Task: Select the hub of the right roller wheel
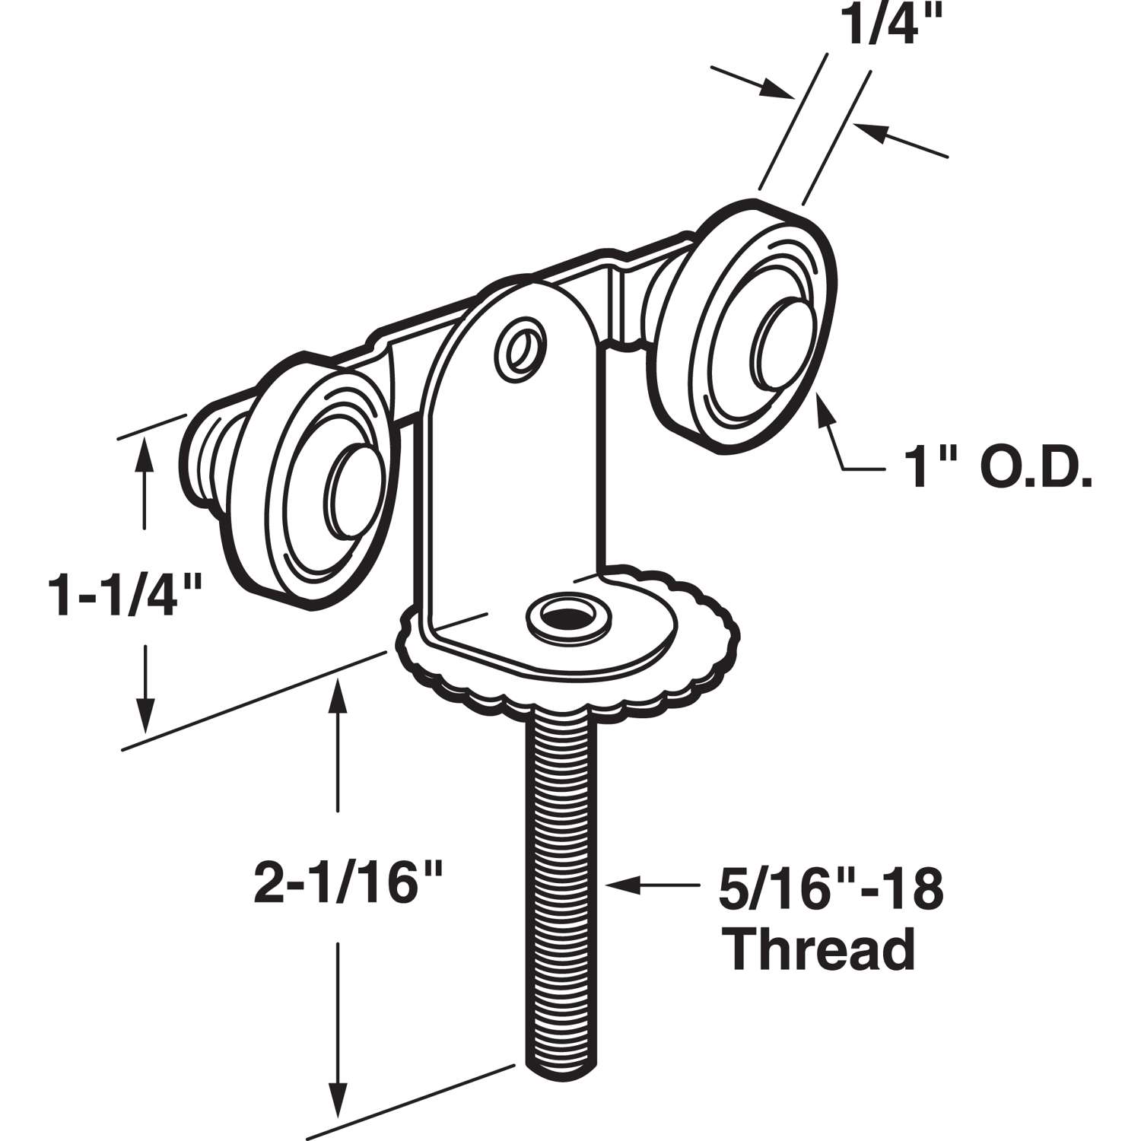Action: click(x=778, y=341)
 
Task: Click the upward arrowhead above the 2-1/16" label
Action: click(x=336, y=694)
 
